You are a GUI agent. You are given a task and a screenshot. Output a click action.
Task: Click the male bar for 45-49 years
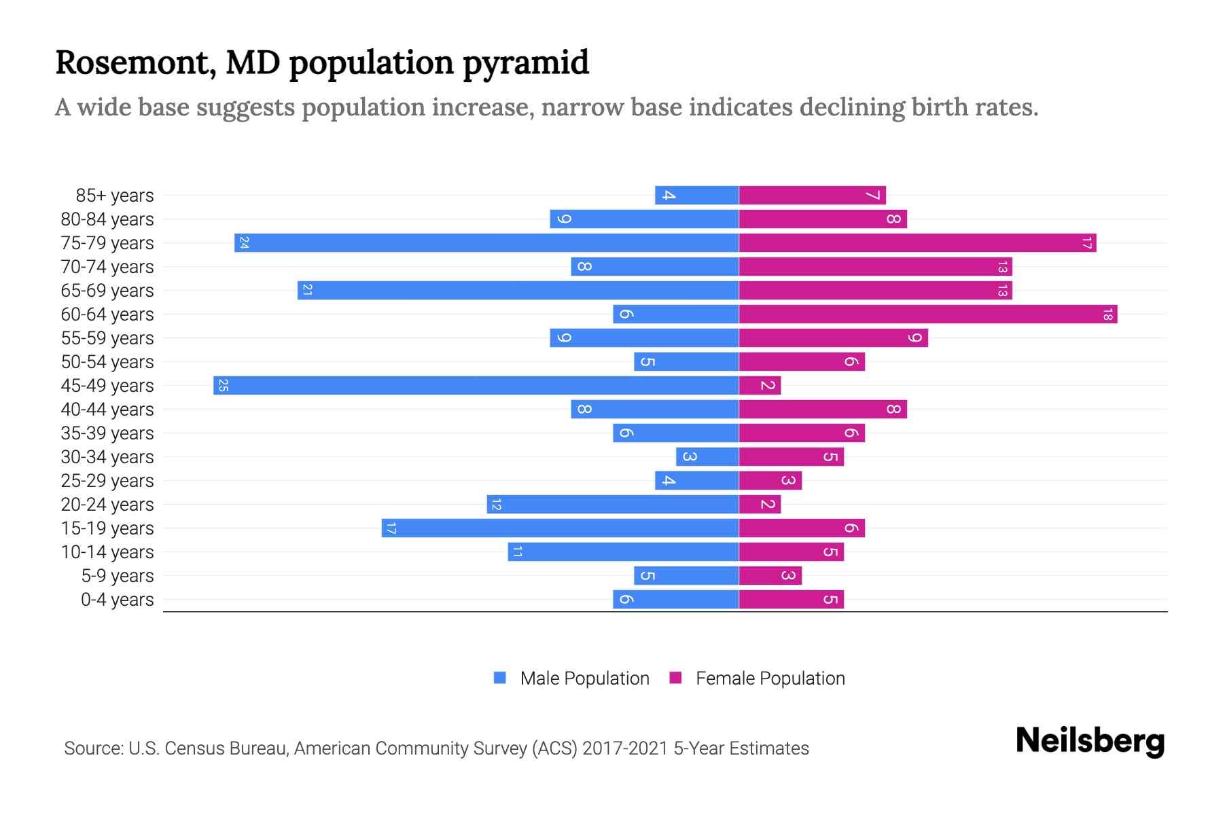[476, 386]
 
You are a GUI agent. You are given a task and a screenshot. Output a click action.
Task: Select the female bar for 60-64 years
[927, 314]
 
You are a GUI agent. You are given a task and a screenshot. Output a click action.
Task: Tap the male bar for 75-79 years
[486, 243]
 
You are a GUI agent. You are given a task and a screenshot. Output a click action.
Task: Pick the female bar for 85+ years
[812, 196]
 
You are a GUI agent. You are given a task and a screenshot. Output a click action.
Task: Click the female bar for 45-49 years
[760, 386]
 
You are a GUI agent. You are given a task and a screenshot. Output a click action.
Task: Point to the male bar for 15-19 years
[560, 528]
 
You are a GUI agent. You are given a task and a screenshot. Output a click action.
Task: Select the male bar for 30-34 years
[707, 457]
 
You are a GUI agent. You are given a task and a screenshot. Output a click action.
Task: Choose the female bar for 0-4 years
[791, 600]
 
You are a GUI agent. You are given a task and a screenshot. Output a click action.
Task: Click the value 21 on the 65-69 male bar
[307, 291]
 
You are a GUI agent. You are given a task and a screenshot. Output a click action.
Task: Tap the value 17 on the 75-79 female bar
[1086, 243]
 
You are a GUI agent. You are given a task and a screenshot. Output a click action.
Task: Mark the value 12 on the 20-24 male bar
[496, 505]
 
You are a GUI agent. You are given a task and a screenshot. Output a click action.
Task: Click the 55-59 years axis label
[107, 338]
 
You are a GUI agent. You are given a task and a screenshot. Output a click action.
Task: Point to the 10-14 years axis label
[107, 552]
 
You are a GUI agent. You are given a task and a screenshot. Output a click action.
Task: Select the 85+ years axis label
[115, 196]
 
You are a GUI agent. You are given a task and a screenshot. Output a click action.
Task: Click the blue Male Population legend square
[500, 678]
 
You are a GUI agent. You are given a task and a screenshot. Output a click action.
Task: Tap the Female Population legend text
[770, 678]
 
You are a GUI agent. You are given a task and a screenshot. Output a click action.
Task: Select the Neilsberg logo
[1090, 741]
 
